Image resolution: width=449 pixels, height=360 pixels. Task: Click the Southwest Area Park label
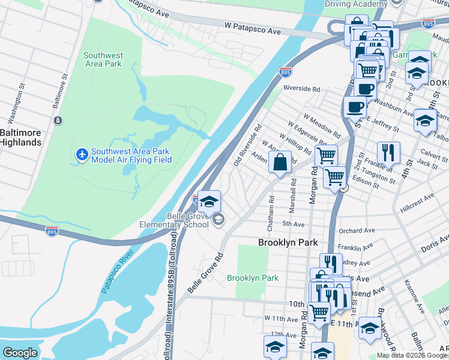click(x=103, y=59)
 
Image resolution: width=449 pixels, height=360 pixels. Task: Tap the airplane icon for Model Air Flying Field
click(x=82, y=155)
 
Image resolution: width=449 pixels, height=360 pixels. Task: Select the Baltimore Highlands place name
click(x=20, y=137)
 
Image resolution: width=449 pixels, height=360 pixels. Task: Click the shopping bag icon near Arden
click(x=280, y=162)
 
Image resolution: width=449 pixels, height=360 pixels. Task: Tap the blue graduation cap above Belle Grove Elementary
click(x=209, y=202)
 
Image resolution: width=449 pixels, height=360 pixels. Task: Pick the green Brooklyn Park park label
click(x=253, y=278)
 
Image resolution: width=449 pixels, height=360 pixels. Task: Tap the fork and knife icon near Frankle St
click(x=388, y=153)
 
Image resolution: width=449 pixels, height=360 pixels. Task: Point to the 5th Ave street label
click(x=294, y=224)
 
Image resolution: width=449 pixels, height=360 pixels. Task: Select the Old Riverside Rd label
click(x=247, y=146)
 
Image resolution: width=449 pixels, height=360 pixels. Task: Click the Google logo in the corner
click(x=20, y=353)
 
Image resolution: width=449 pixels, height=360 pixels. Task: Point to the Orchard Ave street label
click(x=357, y=230)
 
